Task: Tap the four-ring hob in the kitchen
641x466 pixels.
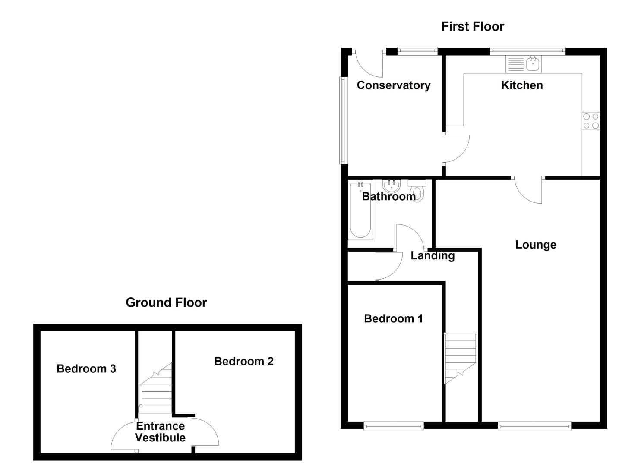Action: (x=590, y=121)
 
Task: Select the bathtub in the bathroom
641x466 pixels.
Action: (x=360, y=211)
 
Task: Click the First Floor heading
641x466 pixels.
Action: (x=472, y=27)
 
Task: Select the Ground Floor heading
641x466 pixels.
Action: (x=166, y=303)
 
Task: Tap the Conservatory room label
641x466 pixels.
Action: (x=393, y=85)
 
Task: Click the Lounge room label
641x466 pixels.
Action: (x=535, y=245)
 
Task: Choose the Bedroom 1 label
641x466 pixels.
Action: (x=393, y=319)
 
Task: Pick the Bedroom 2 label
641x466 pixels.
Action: (x=243, y=362)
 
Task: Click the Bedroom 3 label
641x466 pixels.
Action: (x=86, y=369)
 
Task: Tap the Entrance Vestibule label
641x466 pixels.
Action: (x=160, y=432)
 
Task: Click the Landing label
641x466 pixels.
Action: (x=433, y=256)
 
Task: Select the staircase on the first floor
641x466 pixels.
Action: (x=460, y=358)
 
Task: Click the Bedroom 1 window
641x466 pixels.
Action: (x=393, y=426)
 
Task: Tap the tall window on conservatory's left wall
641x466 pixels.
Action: (x=343, y=120)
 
